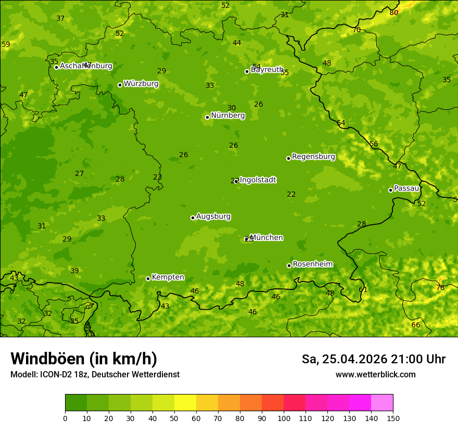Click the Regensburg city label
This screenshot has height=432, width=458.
pyautogui.click(x=313, y=157)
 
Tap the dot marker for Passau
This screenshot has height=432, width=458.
pyautogui.click(x=390, y=190)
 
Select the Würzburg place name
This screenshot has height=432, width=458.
pyautogui.click(x=141, y=84)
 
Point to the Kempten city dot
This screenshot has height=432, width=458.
pyautogui.click(x=148, y=278)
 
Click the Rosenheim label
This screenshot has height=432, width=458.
pyautogui.click(x=312, y=264)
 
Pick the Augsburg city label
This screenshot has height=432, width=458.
pyautogui.click(x=213, y=217)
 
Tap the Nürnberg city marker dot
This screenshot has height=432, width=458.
pyautogui.click(x=207, y=117)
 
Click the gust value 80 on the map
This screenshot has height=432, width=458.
pyautogui.click(x=394, y=12)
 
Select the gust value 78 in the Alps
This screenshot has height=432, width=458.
pyautogui.click(x=440, y=287)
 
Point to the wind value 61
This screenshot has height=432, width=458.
pyautogui.click(x=363, y=289)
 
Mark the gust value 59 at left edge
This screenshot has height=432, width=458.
pyautogui.click(x=6, y=44)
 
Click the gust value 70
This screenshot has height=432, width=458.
pyautogui.click(x=357, y=30)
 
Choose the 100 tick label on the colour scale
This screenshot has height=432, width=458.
pyautogui.click(x=284, y=418)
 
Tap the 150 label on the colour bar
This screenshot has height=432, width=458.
pyautogui.click(x=393, y=418)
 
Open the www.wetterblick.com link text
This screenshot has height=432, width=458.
pyautogui.click(x=375, y=375)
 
